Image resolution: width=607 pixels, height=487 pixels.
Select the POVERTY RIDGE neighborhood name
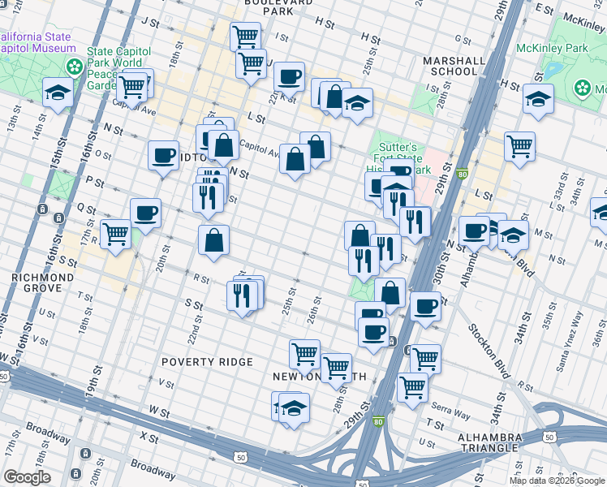[207, 361]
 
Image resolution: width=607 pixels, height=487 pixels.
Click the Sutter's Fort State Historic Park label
[402, 158]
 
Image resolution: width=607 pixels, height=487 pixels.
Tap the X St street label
[149, 437]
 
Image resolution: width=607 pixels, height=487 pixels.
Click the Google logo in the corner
[27, 477]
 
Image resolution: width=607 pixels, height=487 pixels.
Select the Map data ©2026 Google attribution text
[557, 481]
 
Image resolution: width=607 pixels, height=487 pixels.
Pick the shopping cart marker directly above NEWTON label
[304, 353]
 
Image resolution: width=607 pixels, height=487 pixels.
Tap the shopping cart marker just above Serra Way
[412, 387]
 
